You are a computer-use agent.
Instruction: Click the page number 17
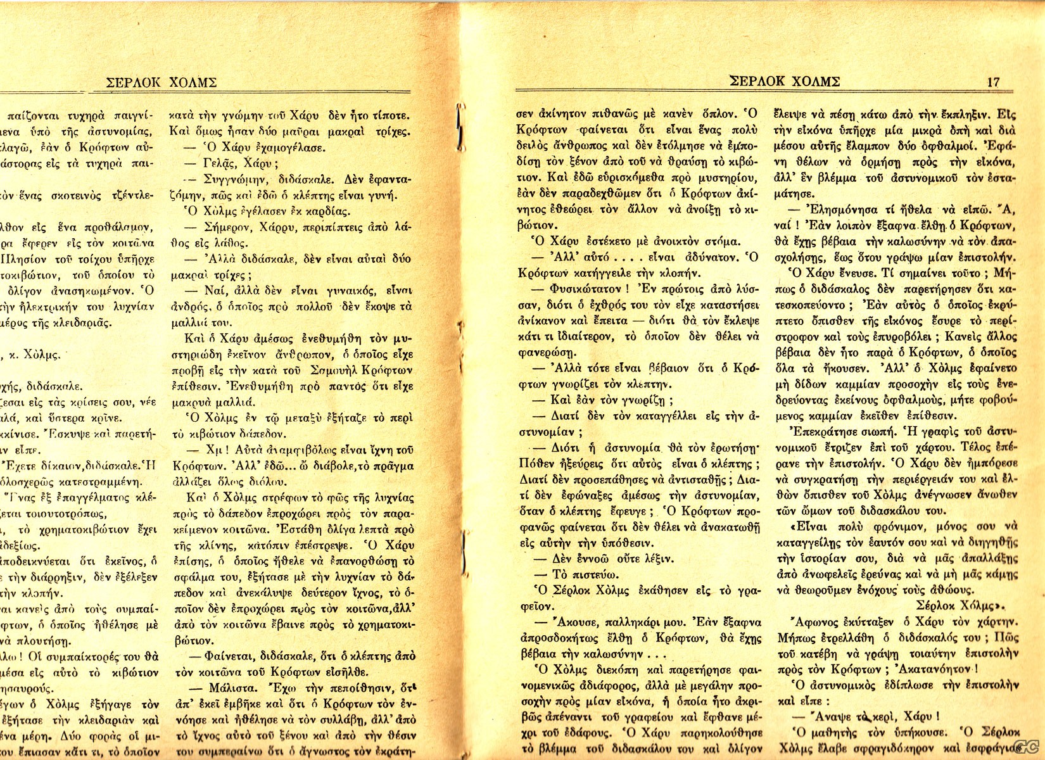pos(992,82)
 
